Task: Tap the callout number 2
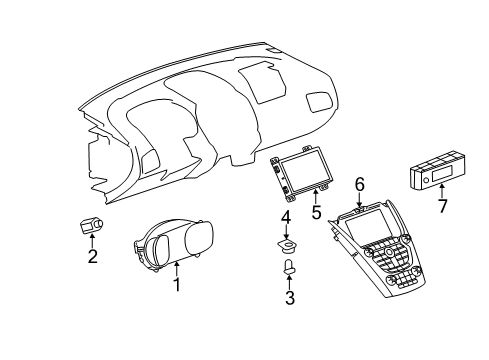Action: pyautogui.click(x=93, y=257)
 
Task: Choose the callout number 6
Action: pyautogui.click(x=358, y=183)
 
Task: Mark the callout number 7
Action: pyautogui.click(x=442, y=206)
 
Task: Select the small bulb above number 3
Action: pyautogui.click(x=288, y=268)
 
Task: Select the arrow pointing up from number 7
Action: pyautogui.click(x=442, y=191)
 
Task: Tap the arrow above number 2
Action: pyautogui.click(x=93, y=242)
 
